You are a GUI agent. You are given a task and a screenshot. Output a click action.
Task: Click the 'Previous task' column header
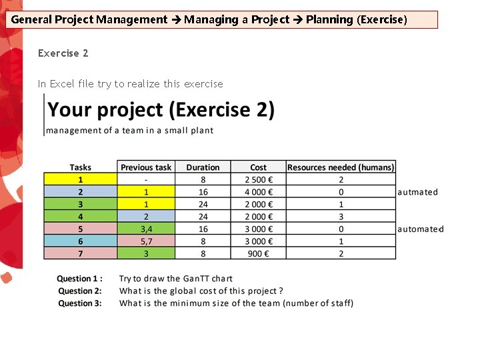[x=146, y=167]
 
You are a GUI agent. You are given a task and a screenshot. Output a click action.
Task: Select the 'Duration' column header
[x=203, y=167]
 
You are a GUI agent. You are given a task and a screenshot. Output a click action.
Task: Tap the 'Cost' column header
[x=258, y=167]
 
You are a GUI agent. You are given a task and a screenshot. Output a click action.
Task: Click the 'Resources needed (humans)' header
[x=341, y=167]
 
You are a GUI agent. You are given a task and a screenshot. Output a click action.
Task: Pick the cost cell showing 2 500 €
[x=258, y=179]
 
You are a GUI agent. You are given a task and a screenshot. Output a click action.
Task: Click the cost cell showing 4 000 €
[x=258, y=192]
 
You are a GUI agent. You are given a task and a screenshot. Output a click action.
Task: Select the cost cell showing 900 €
[x=258, y=253]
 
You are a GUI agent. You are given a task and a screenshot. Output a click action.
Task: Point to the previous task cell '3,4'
[x=146, y=229]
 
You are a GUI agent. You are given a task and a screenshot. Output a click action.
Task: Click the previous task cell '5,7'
[x=146, y=241]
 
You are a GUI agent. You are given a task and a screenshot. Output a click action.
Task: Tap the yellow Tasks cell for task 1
[x=81, y=179]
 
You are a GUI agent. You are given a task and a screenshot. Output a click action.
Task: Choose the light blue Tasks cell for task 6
[x=81, y=241]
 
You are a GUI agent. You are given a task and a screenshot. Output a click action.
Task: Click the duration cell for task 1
[x=203, y=179]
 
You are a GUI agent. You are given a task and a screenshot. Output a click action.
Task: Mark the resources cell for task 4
[x=341, y=217]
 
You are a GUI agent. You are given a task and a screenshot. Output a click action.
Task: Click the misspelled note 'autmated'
[x=418, y=192]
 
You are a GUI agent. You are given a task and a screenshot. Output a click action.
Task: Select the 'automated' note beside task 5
[x=421, y=229]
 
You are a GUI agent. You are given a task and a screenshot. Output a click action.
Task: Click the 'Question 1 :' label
[x=80, y=279]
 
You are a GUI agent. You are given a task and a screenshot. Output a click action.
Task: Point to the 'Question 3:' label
[x=80, y=303]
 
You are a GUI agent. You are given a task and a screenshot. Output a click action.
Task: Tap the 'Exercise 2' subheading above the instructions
[x=63, y=53]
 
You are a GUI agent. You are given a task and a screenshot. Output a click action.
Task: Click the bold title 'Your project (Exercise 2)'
[x=161, y=110]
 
